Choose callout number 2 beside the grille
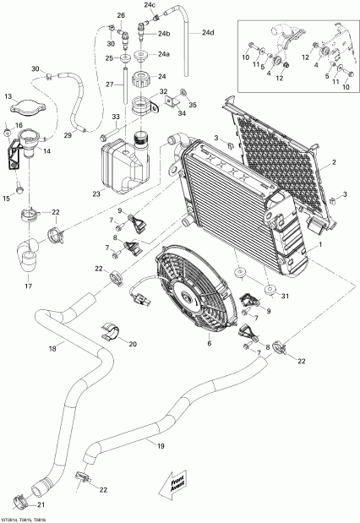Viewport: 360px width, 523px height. point(334,162)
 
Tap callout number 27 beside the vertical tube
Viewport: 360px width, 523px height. point(107,84)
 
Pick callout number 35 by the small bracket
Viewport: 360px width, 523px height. point(192,105)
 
